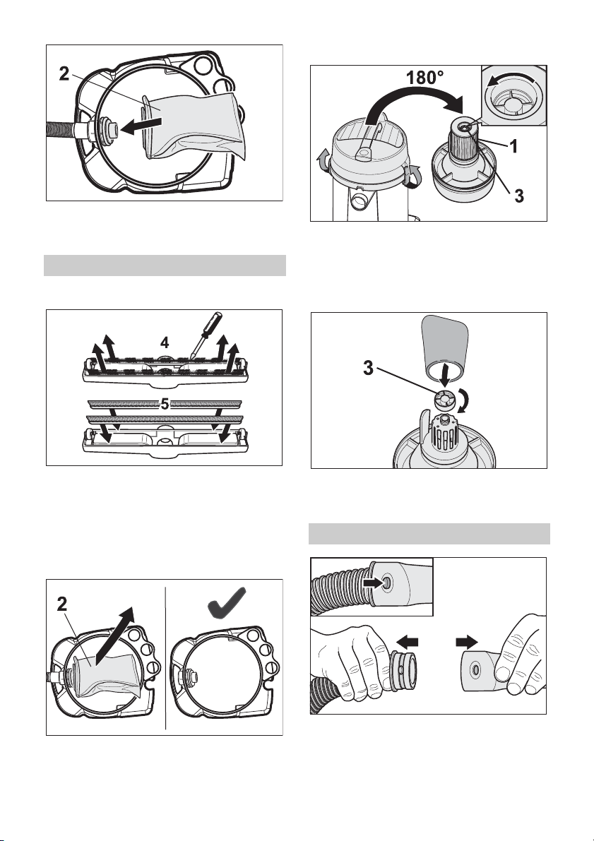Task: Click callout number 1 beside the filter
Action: click(x=515, y=146)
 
